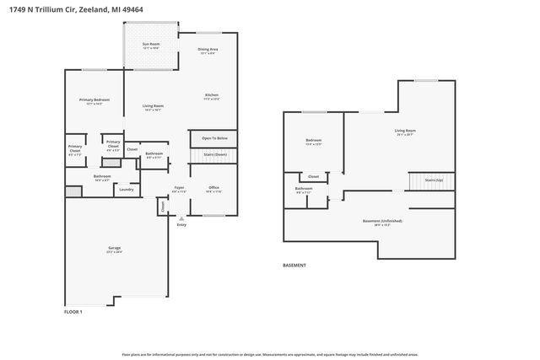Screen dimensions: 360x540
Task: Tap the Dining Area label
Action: [208, 51]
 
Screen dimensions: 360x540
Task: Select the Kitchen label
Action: [212, 95]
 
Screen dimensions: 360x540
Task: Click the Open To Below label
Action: [214, 138]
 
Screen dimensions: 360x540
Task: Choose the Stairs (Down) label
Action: [214, 155]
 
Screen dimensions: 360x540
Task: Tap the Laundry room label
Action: [127, 190]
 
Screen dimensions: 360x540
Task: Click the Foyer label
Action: [179, 187]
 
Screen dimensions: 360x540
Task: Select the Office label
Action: [214, 187]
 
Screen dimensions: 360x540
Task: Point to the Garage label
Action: [114, 248]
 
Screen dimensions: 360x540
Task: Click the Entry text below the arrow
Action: [181, 225]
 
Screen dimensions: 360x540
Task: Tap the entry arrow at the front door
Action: [181, 218]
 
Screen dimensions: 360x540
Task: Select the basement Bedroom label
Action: [313, 140]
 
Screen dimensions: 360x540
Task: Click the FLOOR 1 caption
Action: [73, 312]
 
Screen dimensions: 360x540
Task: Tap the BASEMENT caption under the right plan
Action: [294, 266]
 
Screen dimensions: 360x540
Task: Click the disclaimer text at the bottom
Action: [270, 355]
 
